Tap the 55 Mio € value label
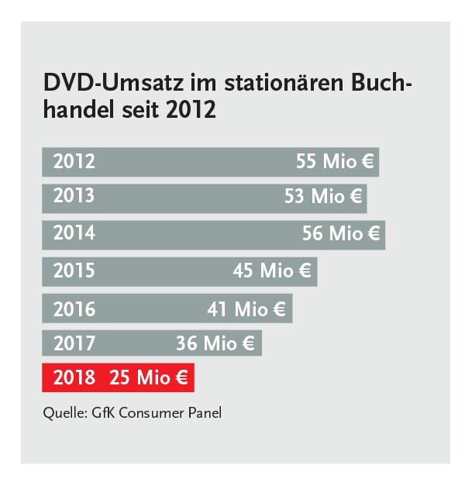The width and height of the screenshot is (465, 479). (x=336, y=162)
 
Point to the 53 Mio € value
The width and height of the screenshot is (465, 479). (x=323, y=197)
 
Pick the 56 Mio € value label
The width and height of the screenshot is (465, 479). (x=342, y=233)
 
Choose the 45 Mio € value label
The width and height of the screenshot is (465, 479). (x=272, y=271)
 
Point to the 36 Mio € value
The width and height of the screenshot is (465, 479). (x=216, y=343)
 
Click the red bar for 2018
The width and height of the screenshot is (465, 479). (x=118, y=378)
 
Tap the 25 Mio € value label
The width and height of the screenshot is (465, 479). (x=149, y=378)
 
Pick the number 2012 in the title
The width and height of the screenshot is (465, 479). (x=191, y=109)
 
